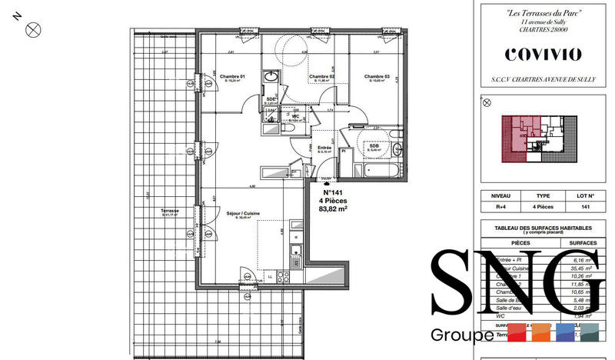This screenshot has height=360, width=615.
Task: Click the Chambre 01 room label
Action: coord(231,77)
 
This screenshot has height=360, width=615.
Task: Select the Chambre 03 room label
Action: coord(377,77)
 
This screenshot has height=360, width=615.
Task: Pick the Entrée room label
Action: coord(324,147)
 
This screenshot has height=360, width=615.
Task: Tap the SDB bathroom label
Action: coord(374,145)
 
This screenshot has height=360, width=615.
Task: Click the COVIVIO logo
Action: coord(543,54)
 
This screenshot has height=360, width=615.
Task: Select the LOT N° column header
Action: coord(586,196)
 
